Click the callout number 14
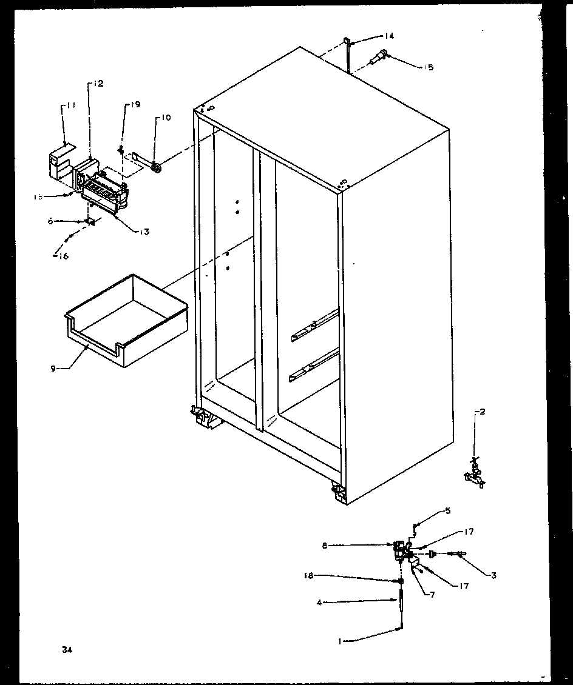[x=388, y=36]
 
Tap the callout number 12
[x=98, y=84]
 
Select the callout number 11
[x=71, y=105]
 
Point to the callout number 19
[x=133, y=105]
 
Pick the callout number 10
[x=166, y=116]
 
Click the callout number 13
[x=144, y=231]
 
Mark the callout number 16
[x=63, y=256]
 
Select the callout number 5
[x=447, y=510]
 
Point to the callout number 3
[x=493, y=575]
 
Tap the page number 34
[x=66, y=650]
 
